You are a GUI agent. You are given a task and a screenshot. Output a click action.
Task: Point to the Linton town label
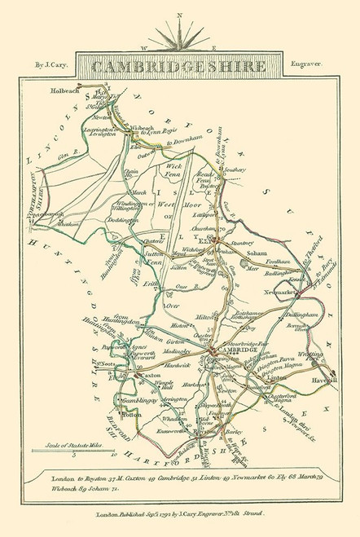(x=274, y=379)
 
